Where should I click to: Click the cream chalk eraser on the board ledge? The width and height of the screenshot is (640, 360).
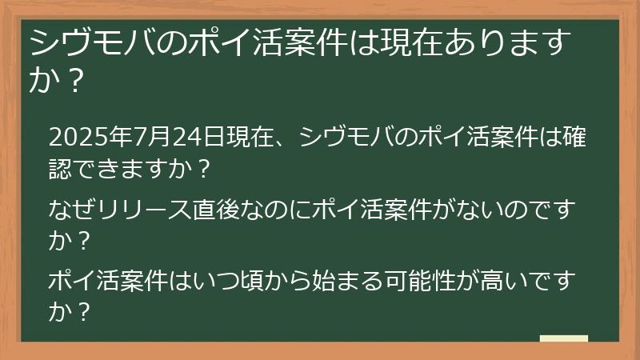pos(563,339)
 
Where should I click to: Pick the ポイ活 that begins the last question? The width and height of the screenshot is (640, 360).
pos(86,282)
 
